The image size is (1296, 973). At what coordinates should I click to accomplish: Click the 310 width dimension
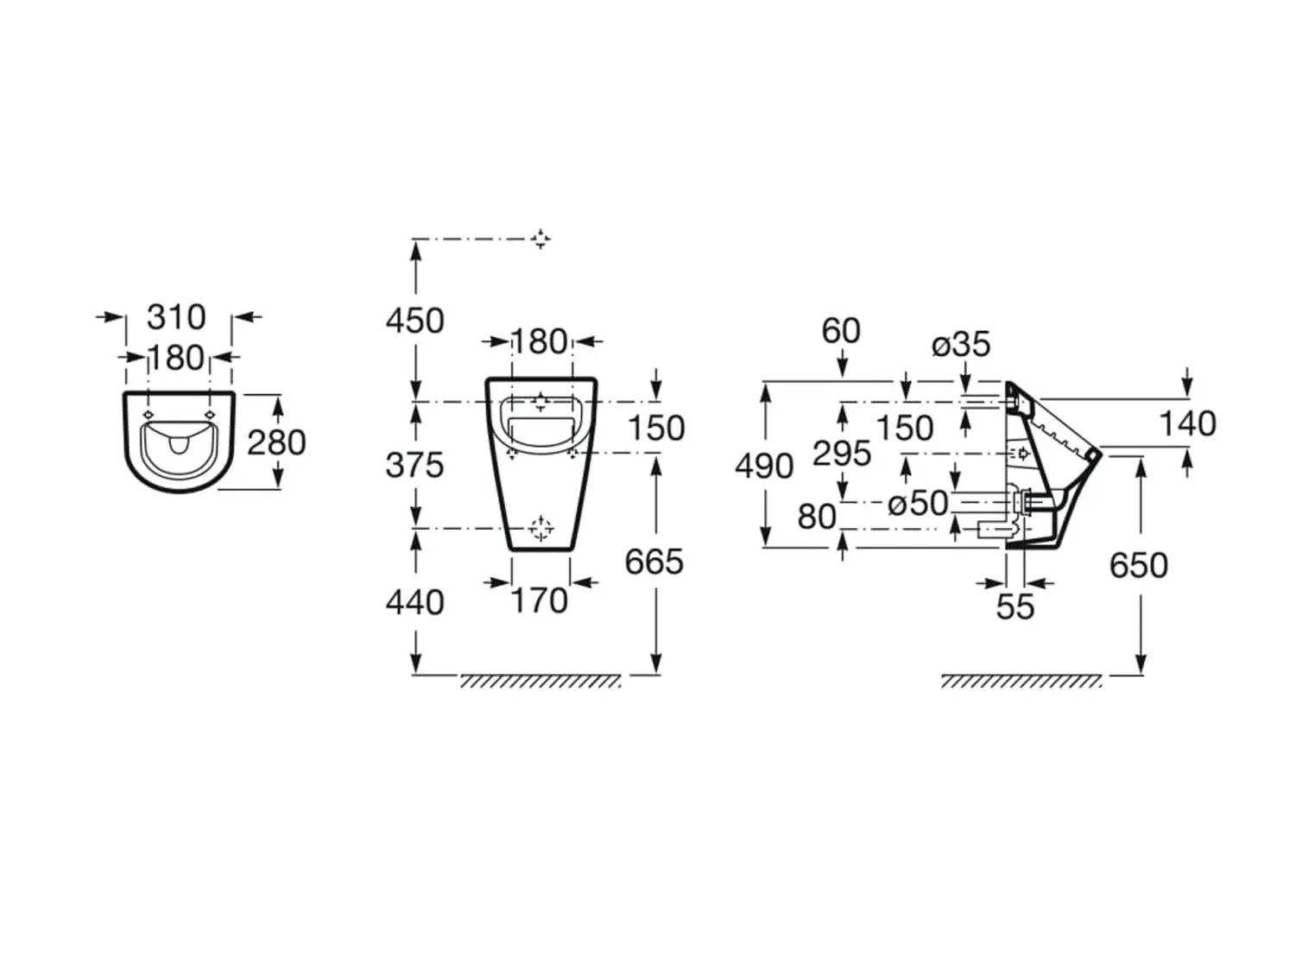176,317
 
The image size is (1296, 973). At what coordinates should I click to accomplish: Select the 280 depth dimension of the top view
276,442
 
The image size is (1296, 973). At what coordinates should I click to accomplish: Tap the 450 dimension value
414,321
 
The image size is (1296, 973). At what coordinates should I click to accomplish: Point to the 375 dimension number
414,465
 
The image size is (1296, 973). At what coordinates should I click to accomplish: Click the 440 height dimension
414,602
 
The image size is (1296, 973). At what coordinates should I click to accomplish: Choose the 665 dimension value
654,562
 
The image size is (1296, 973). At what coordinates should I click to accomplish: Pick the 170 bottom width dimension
540,601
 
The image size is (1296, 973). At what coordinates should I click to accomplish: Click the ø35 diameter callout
960,345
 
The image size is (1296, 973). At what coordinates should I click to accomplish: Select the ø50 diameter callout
917,503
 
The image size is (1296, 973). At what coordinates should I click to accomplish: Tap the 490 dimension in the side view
764,467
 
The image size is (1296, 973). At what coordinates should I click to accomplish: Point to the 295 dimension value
842,454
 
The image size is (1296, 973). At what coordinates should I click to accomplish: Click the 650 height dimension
1138,565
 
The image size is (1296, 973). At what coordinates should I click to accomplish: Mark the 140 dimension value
1187,423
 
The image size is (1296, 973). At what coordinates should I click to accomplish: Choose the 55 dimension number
1015,607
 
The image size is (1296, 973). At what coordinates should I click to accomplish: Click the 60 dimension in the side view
840,330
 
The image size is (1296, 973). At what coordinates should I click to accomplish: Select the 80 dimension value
816,517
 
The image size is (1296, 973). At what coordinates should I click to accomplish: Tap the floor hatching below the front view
540,682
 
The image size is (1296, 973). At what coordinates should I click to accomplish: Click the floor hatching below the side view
1021,682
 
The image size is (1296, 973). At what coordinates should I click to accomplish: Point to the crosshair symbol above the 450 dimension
541,238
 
